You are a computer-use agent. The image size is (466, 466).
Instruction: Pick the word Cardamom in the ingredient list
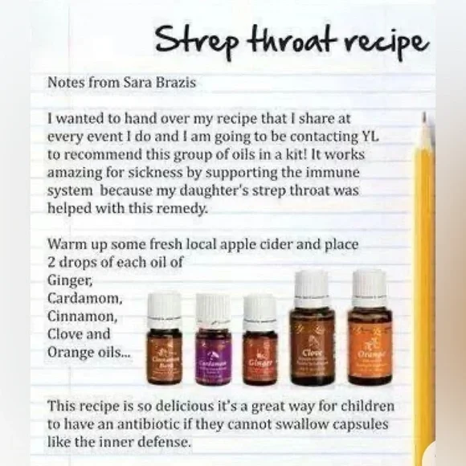tap(85, 299)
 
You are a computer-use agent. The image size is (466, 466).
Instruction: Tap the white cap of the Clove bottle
tap(312, 288)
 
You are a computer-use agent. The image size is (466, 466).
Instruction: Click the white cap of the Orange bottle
tap(370, 287)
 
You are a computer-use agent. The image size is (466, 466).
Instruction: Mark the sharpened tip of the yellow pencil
tap(423, 120)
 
